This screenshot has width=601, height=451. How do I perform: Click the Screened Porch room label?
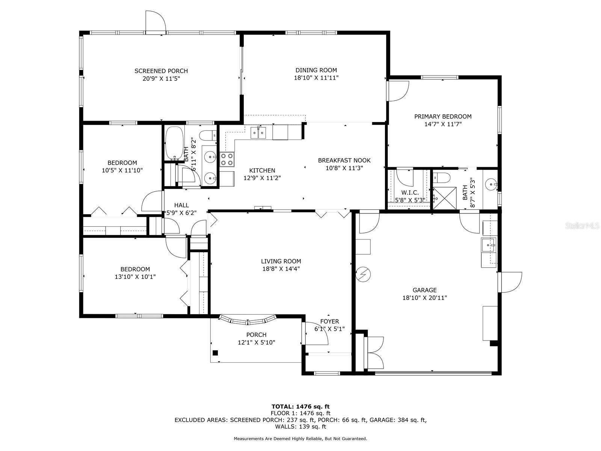point(161,71)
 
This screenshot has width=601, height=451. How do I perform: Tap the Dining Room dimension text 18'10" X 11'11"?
point(316,78)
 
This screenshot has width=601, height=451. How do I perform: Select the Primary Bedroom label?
point(442,117)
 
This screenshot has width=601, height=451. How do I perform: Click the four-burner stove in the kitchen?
point(227,159)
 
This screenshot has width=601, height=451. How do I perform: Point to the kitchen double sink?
point(258,133)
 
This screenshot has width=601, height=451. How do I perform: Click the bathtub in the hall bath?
point(174,143)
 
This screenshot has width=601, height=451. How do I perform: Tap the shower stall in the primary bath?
point(445,198)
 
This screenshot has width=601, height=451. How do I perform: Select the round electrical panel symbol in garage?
point(363,274)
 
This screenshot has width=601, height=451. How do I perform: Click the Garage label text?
point(424,290)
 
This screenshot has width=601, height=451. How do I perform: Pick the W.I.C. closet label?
point(409,192)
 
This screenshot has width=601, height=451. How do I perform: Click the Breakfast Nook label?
point(344,160)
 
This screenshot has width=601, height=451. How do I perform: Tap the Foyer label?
point(329,321)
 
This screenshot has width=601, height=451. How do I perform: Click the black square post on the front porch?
point(215,353)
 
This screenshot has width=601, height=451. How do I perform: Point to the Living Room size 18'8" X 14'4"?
point(281,269)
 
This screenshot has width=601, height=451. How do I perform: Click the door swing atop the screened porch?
point(156,23)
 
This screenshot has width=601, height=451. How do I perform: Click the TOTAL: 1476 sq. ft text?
point(300,406)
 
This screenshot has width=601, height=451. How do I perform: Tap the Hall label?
point(181,205)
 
